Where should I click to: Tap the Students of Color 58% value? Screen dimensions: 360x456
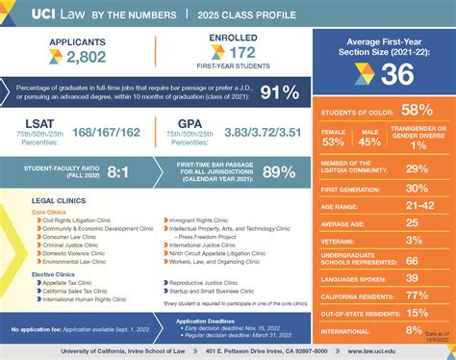tap(418, 112)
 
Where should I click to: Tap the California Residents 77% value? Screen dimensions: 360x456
tap(418, 294)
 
